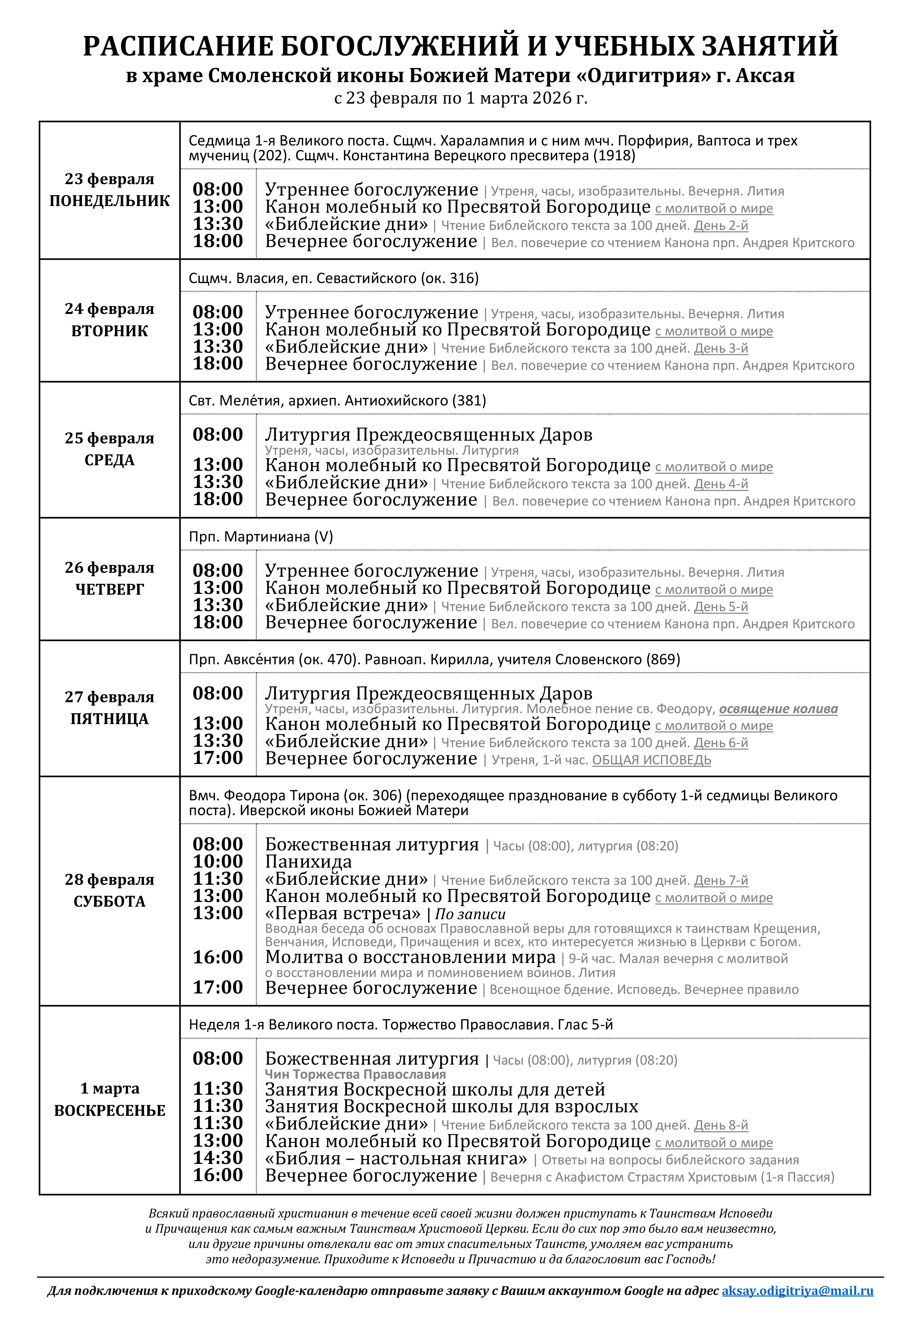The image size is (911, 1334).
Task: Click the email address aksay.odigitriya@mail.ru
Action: tap(797, 1291)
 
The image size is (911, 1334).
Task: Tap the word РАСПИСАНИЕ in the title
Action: tap(177, 46)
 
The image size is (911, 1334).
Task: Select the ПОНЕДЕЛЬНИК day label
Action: tap(109, 201)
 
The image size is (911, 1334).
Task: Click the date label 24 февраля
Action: tap(109, 309)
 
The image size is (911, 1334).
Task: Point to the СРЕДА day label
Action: tap(109, 460)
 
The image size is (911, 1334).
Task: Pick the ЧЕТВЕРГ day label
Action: tap(109, 590)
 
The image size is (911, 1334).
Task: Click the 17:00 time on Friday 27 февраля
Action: tap(218, 758)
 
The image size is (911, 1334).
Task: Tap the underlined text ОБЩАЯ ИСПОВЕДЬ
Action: tap(651, 760)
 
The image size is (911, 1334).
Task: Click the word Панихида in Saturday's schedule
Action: tap(309, 862)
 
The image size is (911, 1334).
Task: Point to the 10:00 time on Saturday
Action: tap(218, 862)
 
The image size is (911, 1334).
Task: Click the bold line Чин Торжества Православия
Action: tap(355, 1074)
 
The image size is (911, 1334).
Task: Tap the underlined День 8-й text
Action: tap(721, 1125)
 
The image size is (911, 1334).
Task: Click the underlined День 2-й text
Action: tap(721, 226)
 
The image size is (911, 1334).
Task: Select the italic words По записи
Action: tap(470, 914)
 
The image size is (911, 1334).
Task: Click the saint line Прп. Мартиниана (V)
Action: tap(261, 537)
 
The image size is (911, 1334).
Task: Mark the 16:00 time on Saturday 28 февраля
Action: tap(218, 957)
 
